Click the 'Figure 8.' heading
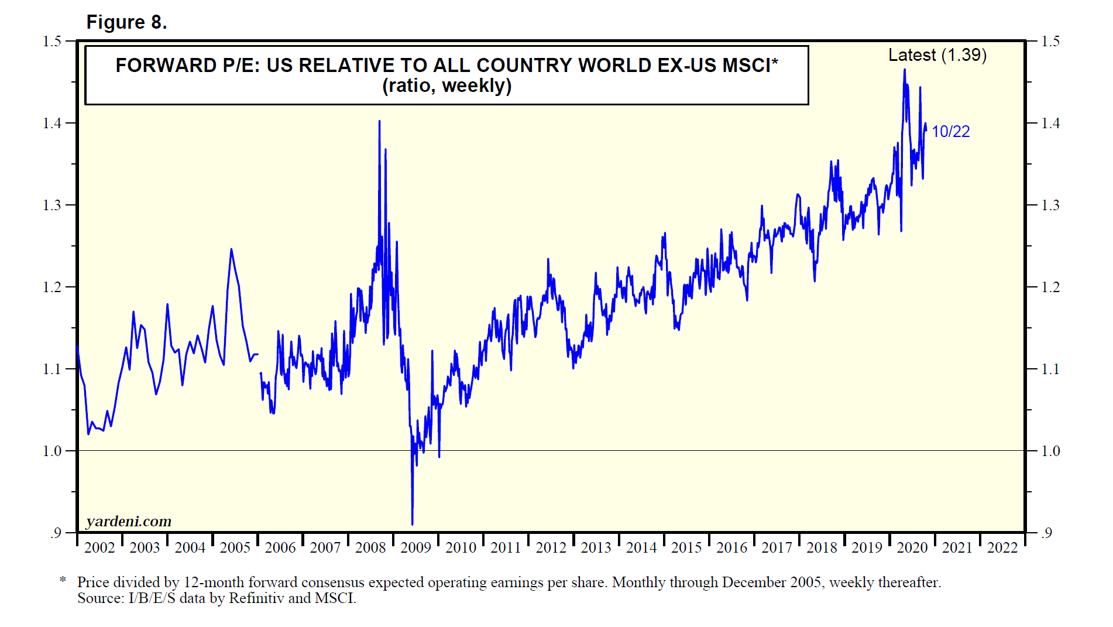point(126,22)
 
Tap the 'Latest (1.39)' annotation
point(937,55)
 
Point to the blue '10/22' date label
point(950,132)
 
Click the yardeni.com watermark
point(129,521)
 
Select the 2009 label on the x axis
point(415,548)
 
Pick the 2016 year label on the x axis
point(731,548)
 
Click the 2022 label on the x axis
point(1002,548)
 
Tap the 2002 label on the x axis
point(99,548)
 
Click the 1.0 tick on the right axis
point(1051,451)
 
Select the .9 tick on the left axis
point(55,533)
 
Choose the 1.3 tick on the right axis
point(1051,205)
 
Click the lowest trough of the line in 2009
point(413,524)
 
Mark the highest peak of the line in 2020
point(905,70)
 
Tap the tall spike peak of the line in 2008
point(379,121)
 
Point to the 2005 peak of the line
point(231,249)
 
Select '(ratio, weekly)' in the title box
point(446,86)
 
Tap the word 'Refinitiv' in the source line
point(256,598)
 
